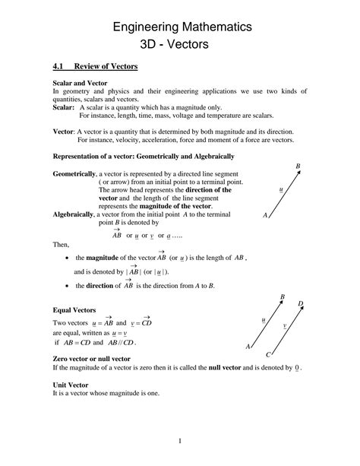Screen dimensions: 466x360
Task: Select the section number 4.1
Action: (58, 67)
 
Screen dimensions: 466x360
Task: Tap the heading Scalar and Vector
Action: (80, 82)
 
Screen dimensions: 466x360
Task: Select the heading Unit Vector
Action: (72, 385)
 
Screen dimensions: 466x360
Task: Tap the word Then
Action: (60, 246)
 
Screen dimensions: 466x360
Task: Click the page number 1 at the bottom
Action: (180, 441)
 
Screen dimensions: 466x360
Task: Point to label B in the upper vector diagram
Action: (298, 166)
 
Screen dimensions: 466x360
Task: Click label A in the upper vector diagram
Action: (265, 216)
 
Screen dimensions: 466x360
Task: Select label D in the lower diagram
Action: (301, 304)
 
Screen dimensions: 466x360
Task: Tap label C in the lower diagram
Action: (269, 355)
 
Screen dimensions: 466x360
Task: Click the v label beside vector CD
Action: (284, 325)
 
